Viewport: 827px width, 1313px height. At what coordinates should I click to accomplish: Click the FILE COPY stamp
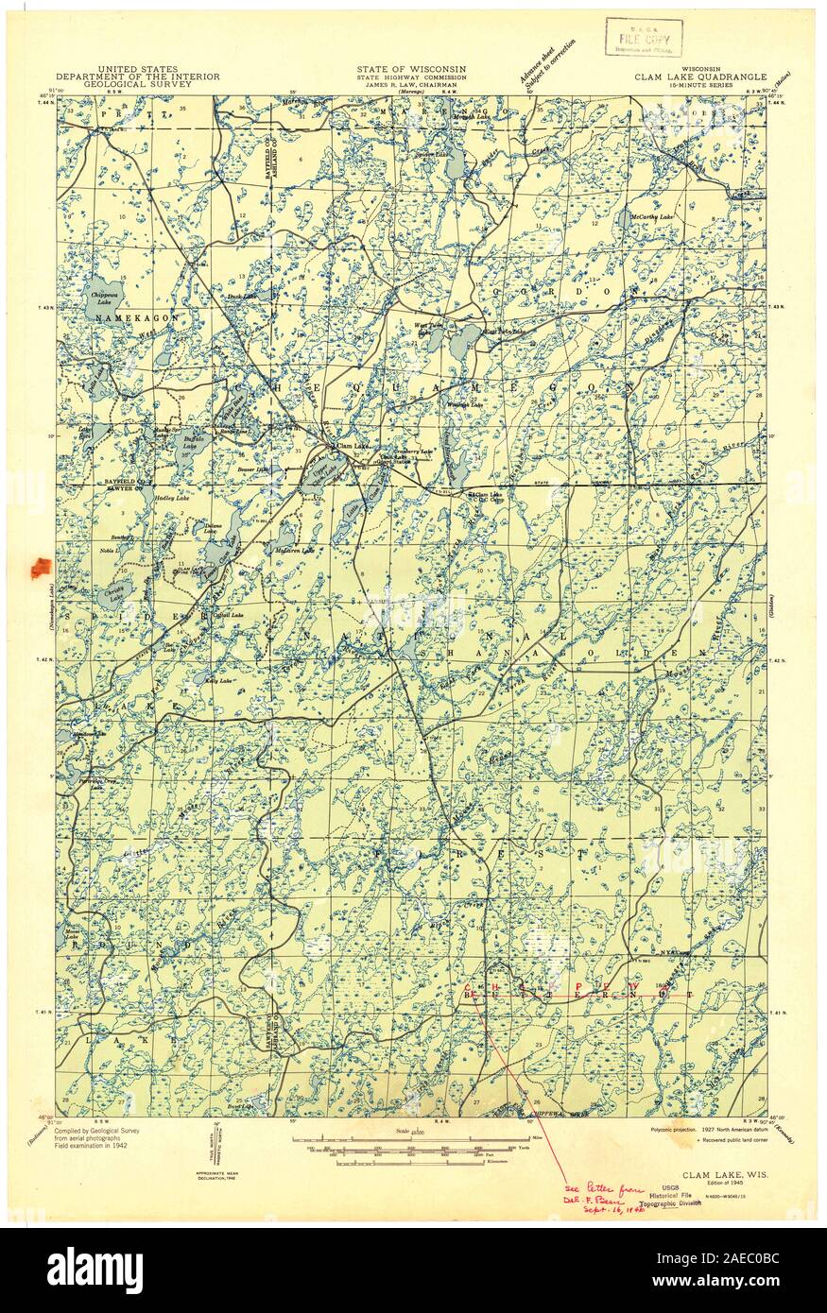637,39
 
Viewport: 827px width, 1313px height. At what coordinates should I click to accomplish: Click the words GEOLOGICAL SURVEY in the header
137,84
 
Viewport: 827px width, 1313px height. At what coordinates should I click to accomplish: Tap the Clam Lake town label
353,446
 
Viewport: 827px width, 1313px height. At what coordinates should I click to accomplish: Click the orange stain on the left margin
41,567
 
